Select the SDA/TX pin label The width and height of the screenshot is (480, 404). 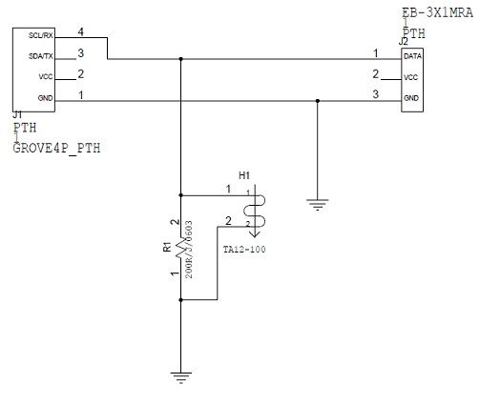(x=39, y=57)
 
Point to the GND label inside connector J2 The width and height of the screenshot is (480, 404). (x=411, y=99)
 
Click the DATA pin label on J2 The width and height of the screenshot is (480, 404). (x=413, y=56)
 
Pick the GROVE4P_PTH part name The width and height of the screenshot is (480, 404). (x=56, y=149)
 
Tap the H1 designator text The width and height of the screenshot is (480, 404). (x=243, y=176)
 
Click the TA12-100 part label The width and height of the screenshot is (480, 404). (x=244, y=249)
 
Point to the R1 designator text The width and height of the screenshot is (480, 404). (x=167, y=248)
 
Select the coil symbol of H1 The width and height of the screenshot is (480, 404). (x=257, y=212)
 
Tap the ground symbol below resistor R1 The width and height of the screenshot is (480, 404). (x=180, y=375)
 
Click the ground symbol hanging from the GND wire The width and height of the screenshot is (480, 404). (x=316, y=201)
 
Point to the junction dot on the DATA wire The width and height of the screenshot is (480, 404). (x=180, y=60)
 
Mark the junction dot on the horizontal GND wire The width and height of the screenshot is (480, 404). (x=316, y=101)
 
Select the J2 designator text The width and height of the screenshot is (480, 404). (x=404, y=42)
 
